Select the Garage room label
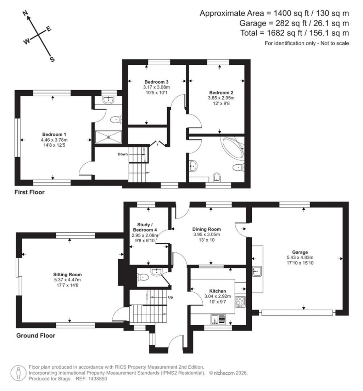[297, 252]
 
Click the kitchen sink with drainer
[218, 319]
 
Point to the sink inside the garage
[257, 271]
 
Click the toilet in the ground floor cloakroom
[143, 277]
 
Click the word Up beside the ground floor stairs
[170, 297]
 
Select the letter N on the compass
[25, 13]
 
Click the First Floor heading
[29, 193]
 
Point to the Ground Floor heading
[36, 335]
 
